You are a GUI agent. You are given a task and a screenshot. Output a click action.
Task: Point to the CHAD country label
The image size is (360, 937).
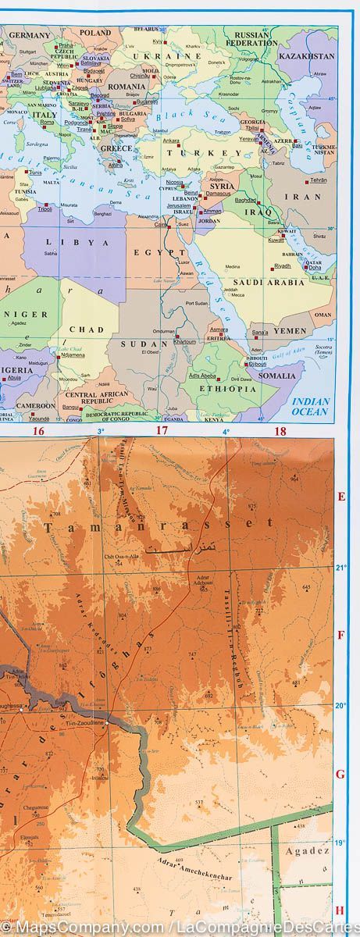86,330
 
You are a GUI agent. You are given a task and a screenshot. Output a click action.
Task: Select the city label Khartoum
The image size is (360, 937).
185,341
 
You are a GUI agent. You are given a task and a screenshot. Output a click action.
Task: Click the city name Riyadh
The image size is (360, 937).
282,265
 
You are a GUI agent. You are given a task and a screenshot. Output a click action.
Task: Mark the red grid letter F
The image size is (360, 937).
340,635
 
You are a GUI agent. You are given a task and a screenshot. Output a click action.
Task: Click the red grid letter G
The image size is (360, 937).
340,775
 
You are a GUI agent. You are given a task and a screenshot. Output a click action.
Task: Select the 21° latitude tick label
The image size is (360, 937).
340,568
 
